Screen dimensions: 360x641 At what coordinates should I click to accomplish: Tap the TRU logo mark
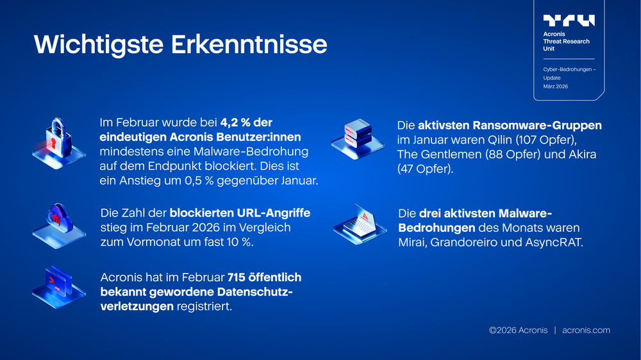click(569, 20)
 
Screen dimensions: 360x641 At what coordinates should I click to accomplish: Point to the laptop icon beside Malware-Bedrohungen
click(360, 225)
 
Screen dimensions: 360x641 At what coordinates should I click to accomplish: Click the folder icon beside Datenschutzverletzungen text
click(58, 286)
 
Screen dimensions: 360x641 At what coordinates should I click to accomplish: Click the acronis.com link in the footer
click(586, 331)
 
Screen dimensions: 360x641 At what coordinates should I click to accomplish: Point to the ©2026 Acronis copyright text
click(518, 331)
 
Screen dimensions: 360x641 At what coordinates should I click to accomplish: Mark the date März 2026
click(556, 86)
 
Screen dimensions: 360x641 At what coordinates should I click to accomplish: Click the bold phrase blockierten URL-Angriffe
click(240, 213)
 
